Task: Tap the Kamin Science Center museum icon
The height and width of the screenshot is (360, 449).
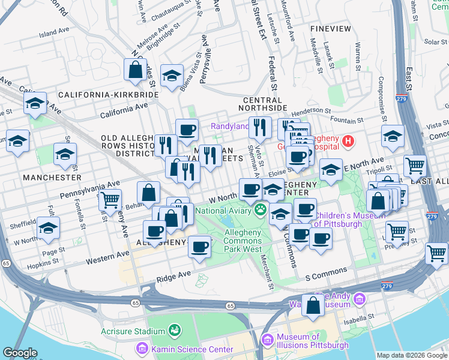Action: tap(142, 349)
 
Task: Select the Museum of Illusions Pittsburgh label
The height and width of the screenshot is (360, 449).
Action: tap(312, 341)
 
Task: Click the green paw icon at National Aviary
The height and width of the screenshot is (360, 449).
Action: tap(260, 210)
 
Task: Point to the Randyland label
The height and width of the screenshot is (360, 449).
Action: tap(229, 126)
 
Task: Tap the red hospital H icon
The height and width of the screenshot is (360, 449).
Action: tap(348, 142)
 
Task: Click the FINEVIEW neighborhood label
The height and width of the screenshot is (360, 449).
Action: tap(331, 28)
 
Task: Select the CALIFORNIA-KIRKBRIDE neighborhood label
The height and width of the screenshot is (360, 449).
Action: tap(108, 95)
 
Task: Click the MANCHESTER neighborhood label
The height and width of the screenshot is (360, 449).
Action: tap(52, 178)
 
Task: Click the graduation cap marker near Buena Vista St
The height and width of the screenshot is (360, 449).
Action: tap(172, 75)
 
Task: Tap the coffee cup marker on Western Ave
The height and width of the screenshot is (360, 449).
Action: tap(199, 246)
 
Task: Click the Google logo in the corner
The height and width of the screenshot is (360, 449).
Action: tap(20, 353)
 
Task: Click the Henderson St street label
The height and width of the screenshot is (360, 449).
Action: tap(311, 111)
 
